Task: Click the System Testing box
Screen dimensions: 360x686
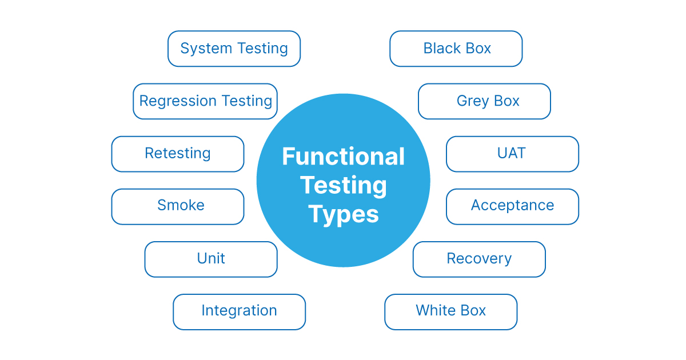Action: pyautogui.click(x=234, y=49)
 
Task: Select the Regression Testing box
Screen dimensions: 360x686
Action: pyautogui.click(x=205, y=101)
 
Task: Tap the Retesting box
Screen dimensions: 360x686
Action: pyautogui.click(x=178, y=154)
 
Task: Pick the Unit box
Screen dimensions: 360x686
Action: pyautogui.click(x=211, y=259)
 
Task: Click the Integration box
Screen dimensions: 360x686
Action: pyautogui.click(x=239, y=311)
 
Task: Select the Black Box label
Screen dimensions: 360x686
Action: pyautogui.click(x=456, y=49)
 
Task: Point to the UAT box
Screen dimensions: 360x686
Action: pyautogui.click(x=512, y=154)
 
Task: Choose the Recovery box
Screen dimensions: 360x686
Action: pyautogui.click(x=479, y=259)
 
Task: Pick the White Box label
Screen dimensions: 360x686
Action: pyautogui.click(x=450, y=311)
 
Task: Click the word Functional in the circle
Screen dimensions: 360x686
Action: pyautogui.click(x=343, y=157)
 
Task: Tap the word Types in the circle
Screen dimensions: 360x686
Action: pyautogui.click(x=344, y=215)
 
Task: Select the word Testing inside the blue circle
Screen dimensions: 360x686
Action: pyautogui.click(x=343, y=186)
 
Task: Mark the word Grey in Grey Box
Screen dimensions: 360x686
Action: pyautogui.click(x=472, y=102)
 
